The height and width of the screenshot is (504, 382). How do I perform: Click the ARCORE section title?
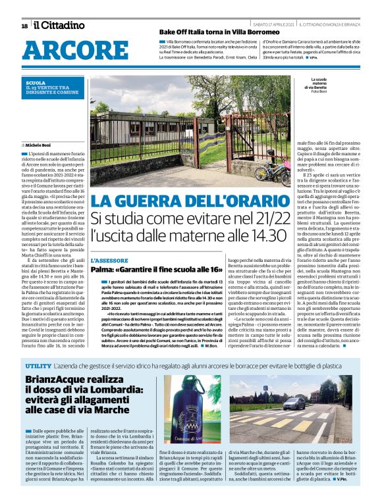point(67,51)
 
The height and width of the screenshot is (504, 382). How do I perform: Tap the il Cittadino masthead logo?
point(59,26)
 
